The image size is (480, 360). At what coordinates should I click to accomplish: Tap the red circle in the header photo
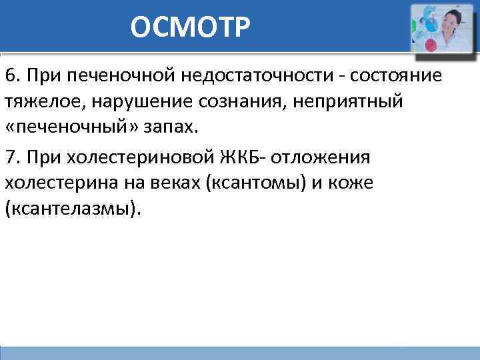coord(430,45)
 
